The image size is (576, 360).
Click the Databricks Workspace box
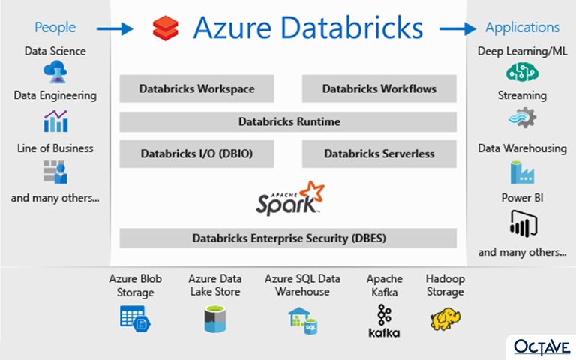pyautogui.click(x=196, y=88)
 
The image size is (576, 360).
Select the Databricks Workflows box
pyautogui.click(x=379, y=88)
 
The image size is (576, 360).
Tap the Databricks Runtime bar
pyautogui.click(x=288, y=121)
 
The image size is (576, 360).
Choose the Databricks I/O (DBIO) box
pyautogui.click(x=196, y=154)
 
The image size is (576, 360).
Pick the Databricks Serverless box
pyautogui.click(x=379, y=154)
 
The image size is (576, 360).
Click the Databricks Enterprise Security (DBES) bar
pyautogui.click(x=288, y=238)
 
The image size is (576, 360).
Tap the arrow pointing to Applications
pyautogui.click(x=457, y=28)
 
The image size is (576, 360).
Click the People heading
pyautogui.click(x=55, y=28)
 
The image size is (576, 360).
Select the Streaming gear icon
pyautogui.click(x=521, y=118)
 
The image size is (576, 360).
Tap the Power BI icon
pyautogui.click(x=522, y=224)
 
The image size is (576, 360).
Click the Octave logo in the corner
pyautogui.click(x=542, y=346)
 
